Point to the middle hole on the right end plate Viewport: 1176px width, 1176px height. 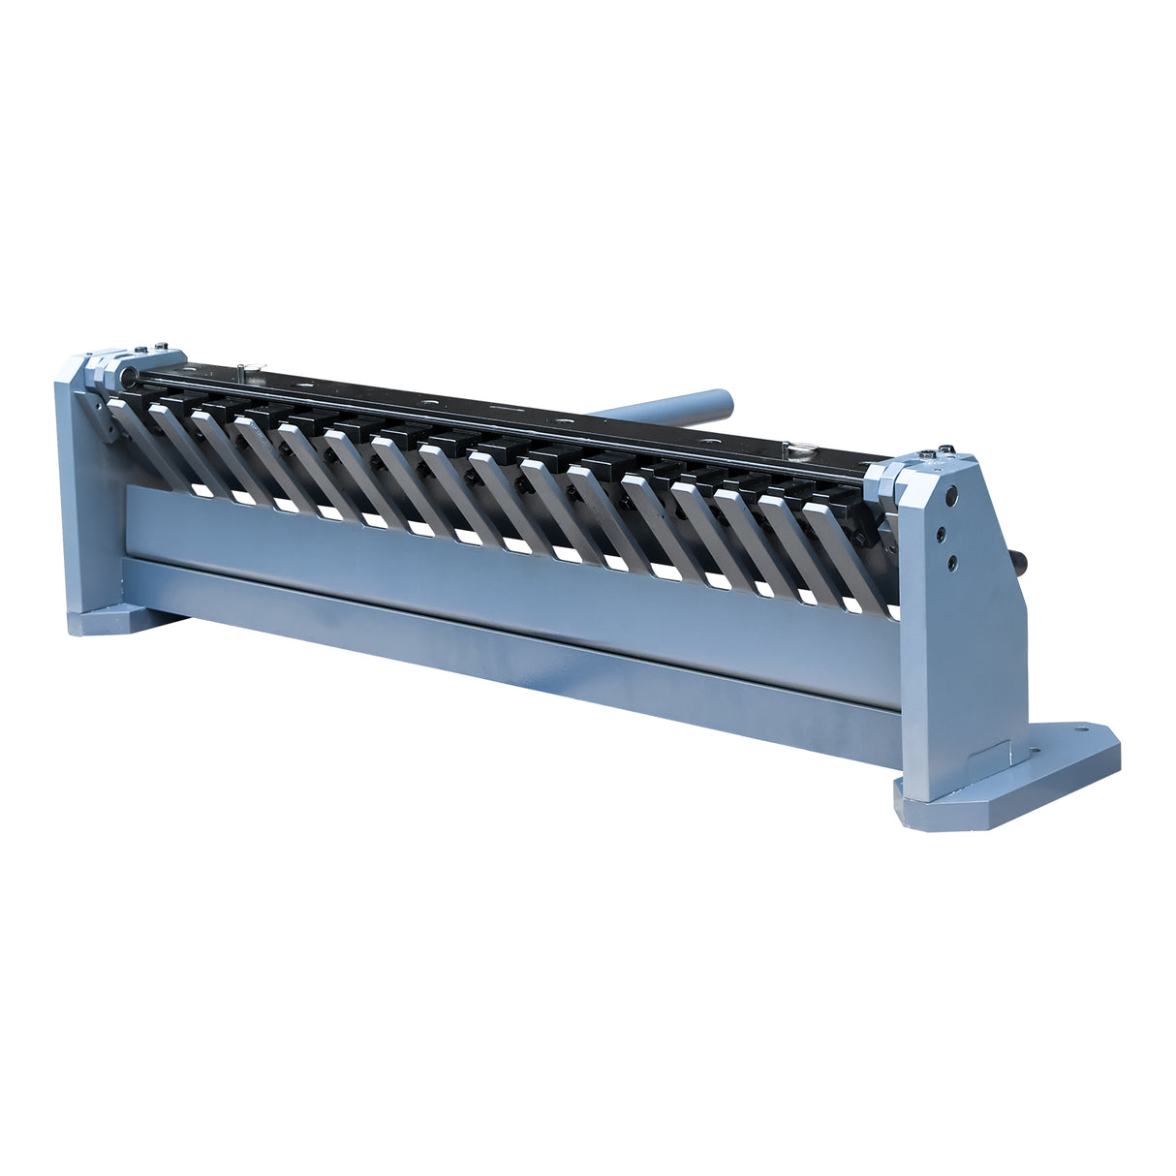(939, 531)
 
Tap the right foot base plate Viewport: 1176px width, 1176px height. (1027, 775)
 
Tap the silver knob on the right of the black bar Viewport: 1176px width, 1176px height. (801, 448)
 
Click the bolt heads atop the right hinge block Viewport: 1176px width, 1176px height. (940, 452)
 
